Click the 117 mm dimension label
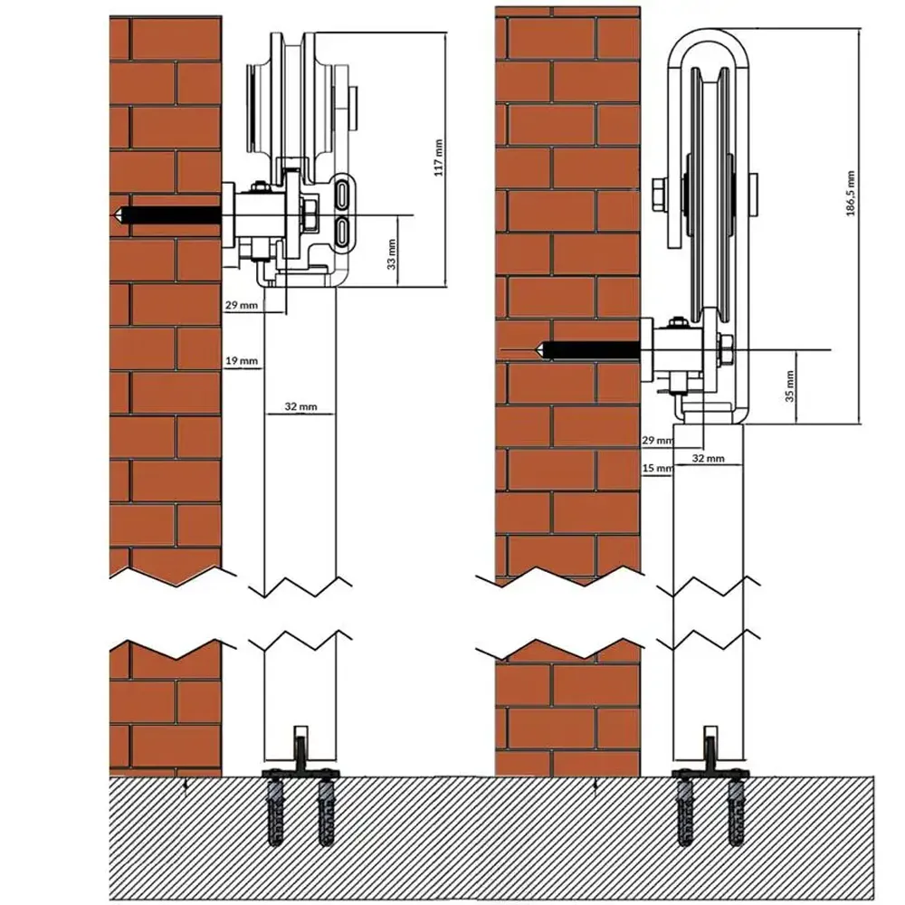click(x=439, y=157)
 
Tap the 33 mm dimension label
click(x=392, y=254)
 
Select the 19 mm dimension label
click(x=242, y=361)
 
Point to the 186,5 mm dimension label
click(x=851, y=194)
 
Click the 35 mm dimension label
click(x=790, y=386)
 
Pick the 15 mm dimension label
click(x=657, y=468)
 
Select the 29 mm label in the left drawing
click(x=242, y=304)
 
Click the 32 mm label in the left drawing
click(x=300, y=406)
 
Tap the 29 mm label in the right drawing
click(x=657, y=441)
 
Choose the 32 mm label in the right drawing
click(x=709, y=458)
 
